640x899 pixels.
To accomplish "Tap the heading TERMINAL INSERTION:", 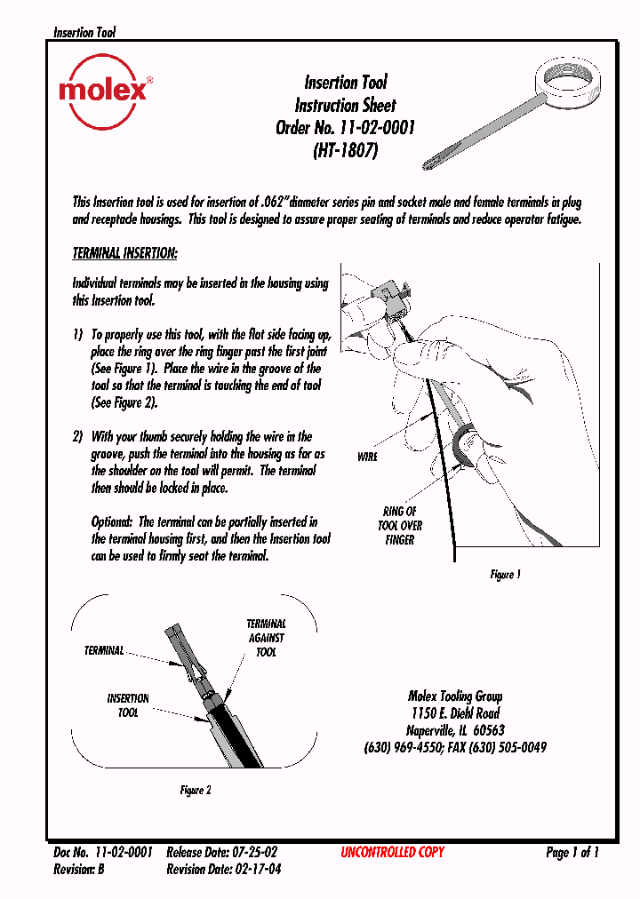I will coord(124,253).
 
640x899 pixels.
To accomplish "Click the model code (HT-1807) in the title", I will coord(346,150).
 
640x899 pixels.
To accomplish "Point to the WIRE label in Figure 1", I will coord(367,457).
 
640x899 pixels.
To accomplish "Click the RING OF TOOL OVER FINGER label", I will coord(400,525).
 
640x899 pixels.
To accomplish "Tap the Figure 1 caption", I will coord(505,575).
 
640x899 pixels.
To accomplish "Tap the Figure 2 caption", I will coord(196,790).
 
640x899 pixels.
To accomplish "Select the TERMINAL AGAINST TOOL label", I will coord(266,638).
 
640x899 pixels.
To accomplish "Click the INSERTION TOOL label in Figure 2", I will coord(128,705).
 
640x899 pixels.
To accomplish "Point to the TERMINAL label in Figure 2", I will coord(104,651).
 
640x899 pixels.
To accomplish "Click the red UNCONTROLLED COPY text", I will coord(392,852).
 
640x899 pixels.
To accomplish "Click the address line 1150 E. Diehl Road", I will coord(455,713).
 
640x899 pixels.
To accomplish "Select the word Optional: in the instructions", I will coord(112,521).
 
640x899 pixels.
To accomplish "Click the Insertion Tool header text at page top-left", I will coord(84,33).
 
